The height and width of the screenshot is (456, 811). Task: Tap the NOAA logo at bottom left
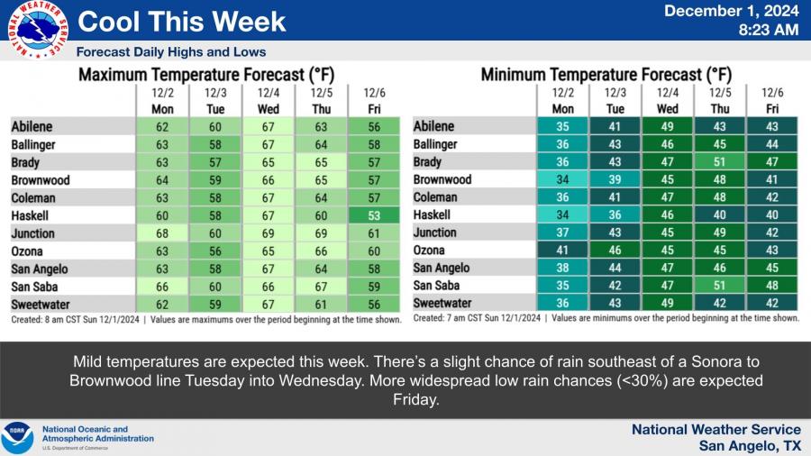click(17, 437)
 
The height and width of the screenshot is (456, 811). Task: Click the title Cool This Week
click(182, 21)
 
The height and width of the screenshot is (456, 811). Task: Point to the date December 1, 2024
click(732, 12)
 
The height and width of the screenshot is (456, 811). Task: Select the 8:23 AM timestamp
click(768, 31)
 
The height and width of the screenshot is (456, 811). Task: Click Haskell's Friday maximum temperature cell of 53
click(373, 215)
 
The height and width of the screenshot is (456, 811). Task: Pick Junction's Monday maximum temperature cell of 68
click(163, 233)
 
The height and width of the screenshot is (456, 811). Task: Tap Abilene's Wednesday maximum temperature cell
click(269, 127)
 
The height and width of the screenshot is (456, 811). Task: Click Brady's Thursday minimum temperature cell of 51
click(720, 162)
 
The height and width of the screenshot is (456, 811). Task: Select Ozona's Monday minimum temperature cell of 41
click(563, 251)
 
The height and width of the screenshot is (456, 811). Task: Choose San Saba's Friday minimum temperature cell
click(772, 287)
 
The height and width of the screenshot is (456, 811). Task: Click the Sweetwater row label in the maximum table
click(41, 305)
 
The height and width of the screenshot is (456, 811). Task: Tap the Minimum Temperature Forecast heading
click(606, 76)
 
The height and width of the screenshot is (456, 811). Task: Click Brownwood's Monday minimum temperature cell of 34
click(563, 180)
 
